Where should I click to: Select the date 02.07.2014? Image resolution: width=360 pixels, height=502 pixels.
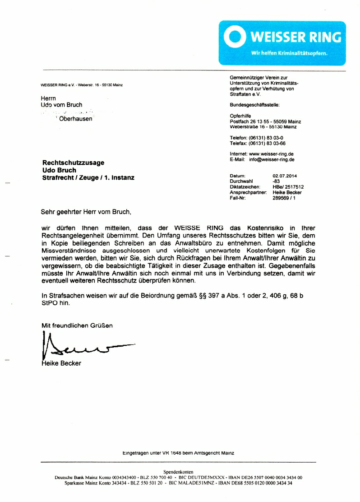288,176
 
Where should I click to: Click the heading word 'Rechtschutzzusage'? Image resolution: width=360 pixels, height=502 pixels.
73,163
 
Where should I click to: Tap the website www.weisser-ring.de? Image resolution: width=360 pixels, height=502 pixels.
271,154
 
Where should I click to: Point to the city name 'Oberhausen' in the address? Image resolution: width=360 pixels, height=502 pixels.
75,119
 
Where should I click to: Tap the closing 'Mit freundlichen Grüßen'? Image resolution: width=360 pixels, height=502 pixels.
77,325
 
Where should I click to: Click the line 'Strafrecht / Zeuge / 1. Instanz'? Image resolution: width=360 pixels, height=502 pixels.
88,178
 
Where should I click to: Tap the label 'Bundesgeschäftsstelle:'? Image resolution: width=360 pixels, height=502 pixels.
254,105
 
